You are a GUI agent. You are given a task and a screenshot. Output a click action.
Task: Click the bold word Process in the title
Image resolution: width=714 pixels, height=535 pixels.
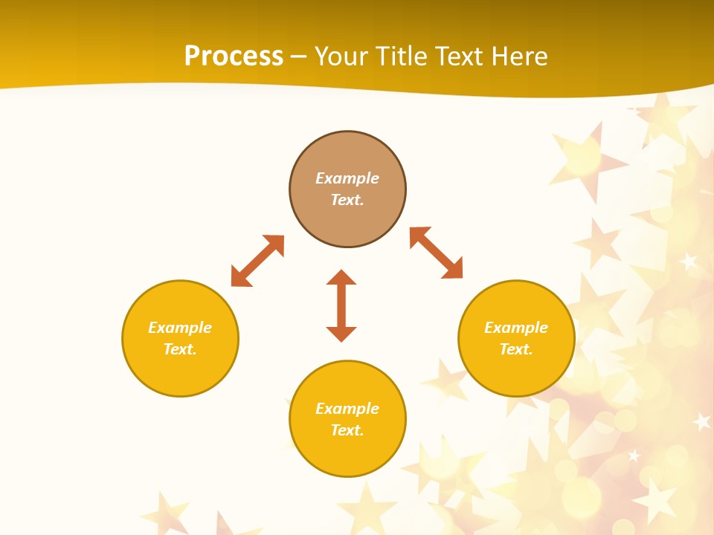(x=234, y=56)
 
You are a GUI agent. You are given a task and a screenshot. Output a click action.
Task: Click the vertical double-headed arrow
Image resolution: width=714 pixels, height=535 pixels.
(x=341, y=305)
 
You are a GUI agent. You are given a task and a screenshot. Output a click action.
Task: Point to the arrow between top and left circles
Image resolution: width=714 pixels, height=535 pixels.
(x=257, y=261)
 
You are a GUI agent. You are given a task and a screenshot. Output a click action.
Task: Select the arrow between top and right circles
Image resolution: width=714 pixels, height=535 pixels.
(x=436, y=253)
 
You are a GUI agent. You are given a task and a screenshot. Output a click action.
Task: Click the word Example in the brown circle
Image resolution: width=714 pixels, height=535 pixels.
(x=347, y=178)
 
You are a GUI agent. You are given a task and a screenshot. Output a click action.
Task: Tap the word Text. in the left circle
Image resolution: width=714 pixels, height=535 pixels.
(x=180, y=349)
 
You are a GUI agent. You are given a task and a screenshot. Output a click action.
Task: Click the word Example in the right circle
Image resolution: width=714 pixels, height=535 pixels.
(x=516, y=328)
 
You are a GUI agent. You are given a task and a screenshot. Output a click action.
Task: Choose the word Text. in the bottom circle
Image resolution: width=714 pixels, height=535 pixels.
(x=347, y=430)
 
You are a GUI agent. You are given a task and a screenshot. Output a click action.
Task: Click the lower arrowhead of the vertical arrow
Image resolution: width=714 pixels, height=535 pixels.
(x=341, y=334)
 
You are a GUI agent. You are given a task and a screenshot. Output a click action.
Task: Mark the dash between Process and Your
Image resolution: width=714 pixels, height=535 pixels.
(x=299, y=56)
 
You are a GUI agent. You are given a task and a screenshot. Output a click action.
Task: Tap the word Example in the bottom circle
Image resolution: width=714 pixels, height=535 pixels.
(x=347, y=409)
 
